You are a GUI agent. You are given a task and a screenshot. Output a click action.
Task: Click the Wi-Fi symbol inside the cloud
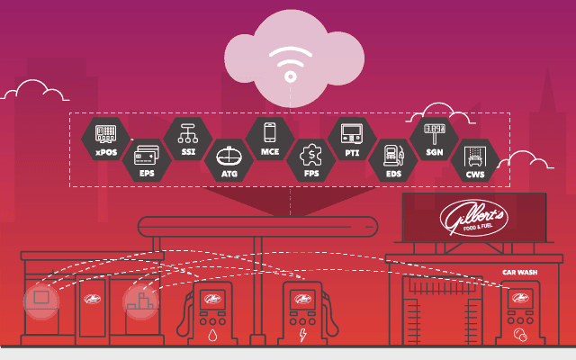(290, 63)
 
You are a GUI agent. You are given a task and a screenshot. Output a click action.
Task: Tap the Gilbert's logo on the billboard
(473, 218)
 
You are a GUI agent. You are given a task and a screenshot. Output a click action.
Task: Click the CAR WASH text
(520, 271)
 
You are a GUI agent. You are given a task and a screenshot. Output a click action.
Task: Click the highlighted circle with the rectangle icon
(40, 298)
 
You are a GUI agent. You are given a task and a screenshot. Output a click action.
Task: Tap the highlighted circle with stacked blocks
(140, 302)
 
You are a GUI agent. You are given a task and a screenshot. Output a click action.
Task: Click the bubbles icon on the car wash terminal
(519, 336)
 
